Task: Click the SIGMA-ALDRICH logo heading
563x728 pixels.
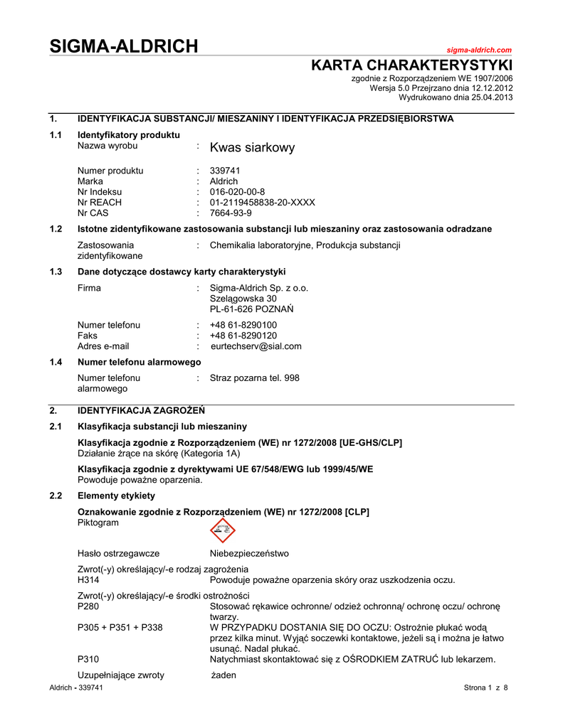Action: (123, 47)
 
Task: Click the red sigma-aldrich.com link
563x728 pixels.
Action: (479, 50)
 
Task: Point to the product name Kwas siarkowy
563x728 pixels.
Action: (252, 148)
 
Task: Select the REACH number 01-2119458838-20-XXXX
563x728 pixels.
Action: (262, 202)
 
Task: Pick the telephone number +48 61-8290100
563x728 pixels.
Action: (243, 325)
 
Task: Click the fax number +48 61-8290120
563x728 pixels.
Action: (243, 336)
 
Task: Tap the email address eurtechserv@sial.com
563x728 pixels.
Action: (256, 346)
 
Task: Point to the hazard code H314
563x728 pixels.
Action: (88, 580)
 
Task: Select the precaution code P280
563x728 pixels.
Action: (88, 606)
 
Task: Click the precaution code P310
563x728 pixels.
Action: (88, 660)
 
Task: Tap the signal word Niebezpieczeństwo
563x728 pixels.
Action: (249, 553)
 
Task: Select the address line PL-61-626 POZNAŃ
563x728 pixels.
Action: (252, 309)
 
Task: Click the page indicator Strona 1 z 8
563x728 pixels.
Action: (485, 688)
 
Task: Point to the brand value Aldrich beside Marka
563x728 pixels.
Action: (224, 181)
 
